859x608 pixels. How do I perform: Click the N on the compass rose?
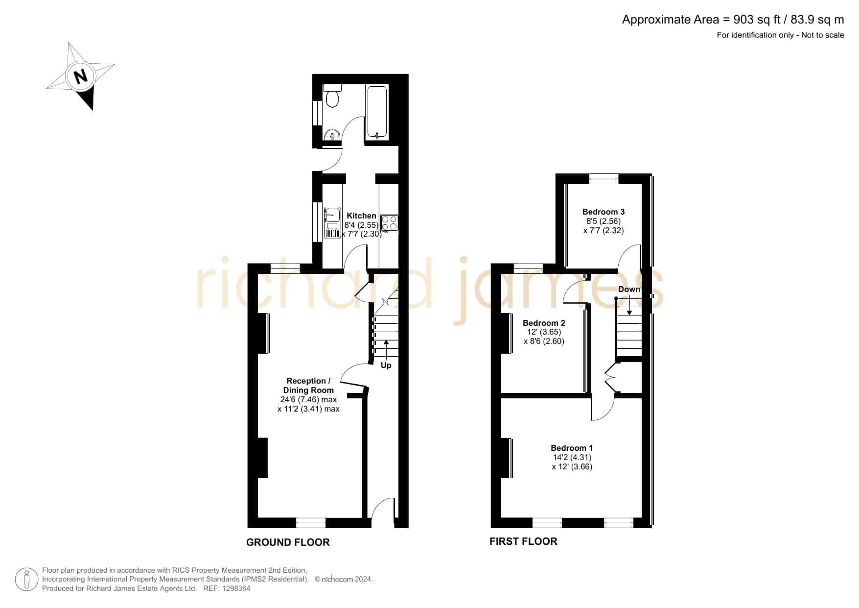(x=81, y=76)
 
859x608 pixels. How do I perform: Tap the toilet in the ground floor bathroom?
(x=332, y=96)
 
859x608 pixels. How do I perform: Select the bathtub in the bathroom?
(x=377, y=113)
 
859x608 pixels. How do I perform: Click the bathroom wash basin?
(x=332, y=135)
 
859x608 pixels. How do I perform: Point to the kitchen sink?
(x=332, y=223)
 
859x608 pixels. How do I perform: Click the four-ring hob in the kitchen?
(x=390, y=223)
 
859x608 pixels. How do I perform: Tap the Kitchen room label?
(x=362, y=216)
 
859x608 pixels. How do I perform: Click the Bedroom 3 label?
(x=604, y=212)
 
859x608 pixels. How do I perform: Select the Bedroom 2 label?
(x=544, y=323)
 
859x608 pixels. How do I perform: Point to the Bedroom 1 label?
(x=572, y=448)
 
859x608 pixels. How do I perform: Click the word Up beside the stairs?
(x=386, y=365)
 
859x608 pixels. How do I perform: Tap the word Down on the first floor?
(x=629, y=289)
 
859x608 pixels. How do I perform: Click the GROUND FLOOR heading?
(x=288, y=542)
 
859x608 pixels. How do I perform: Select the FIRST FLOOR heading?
(x=523, y=541)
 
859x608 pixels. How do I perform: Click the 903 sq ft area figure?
(x=757, y=20)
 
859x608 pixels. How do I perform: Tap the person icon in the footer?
(x=26, y=580)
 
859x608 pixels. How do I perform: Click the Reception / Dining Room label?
(x=308, y=386)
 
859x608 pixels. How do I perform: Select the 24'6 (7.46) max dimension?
(x=308, y=400)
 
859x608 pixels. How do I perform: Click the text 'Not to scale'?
(x=823, y=35)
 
